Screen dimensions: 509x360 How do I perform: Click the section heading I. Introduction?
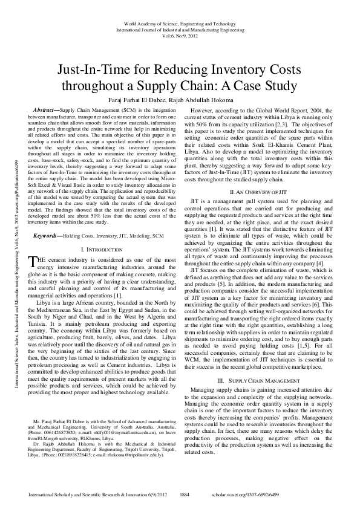click(x=103, y=267)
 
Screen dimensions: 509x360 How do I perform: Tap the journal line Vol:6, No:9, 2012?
click(x=180, y=36)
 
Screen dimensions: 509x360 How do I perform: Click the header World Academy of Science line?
click(x=180, y=22)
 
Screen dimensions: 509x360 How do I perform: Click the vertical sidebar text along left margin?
click(x=12, y=254)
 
